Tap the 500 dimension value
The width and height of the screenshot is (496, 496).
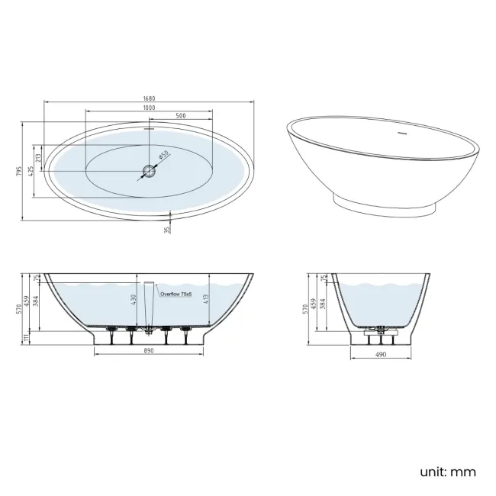click(181, 116)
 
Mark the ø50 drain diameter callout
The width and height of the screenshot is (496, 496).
click(163, 156)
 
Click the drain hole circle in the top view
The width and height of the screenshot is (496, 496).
click(150, 171)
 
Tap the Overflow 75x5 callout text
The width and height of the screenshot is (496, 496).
click(176, 292)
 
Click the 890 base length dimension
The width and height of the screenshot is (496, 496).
click(149, 351)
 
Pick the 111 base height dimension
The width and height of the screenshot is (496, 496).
click(25, 337)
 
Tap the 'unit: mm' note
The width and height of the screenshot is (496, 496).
click(447, 472)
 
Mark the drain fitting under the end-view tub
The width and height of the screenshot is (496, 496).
click(379, 331)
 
